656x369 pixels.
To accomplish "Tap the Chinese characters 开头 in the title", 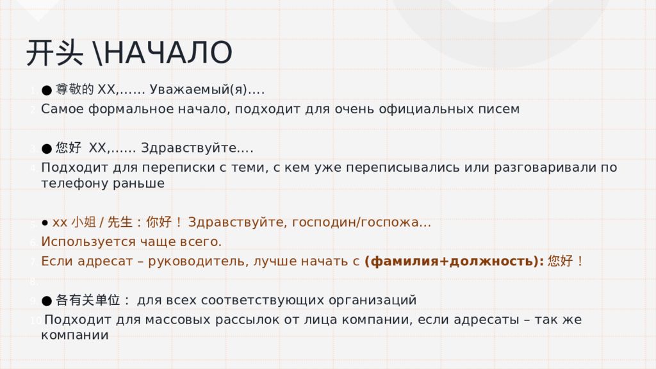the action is (x=54, y=53).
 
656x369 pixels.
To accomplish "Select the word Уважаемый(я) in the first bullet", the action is (x=199, y=90).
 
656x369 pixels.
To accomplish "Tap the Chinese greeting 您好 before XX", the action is (x=69, y=147).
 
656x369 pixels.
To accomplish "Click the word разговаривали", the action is (x=546, y=167).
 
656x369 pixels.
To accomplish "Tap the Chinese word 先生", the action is (x=120, y=222).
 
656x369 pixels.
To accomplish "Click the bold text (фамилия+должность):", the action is (x=454, y=261).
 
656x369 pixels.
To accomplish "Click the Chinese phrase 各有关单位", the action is (x=88, y=300).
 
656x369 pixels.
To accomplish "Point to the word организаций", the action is (x=372, y=300).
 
